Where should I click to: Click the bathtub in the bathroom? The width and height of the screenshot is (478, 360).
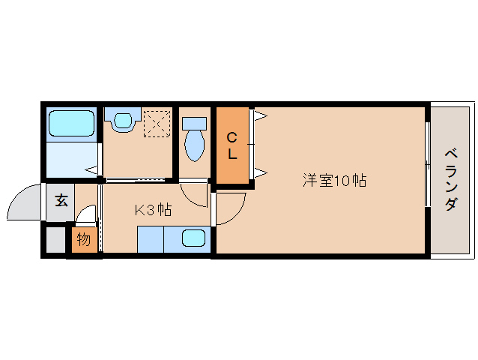pyautogui.click(x=70, y=124)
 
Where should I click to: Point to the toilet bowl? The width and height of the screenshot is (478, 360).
pyautogui.click(x=195, y=140)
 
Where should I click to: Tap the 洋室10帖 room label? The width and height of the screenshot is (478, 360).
pyautogui.click(x=334, y=181)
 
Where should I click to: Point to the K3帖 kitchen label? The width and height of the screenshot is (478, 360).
pyautogui.click(x=153, y=210)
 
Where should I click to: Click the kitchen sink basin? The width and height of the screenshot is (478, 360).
pyautogui.click(x=194, y=238)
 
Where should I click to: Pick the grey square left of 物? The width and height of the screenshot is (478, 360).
pyautogui.click(x=56, y=240)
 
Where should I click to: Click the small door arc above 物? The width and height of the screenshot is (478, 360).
pyautogui.click(x=87, y=216)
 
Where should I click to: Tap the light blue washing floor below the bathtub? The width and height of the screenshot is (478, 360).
pyautogui.click(x=72, y=159)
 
